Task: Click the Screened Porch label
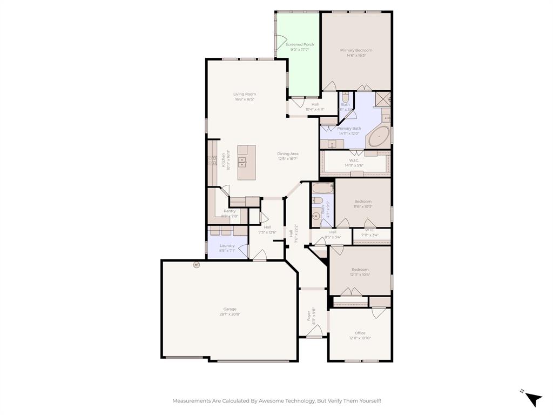[x=300, y=45]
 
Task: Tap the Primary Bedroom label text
[x=356, y=50]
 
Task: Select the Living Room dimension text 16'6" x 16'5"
[x=244, y=99]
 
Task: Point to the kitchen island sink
[x=242, y=162]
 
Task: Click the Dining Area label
[x=287, y=154]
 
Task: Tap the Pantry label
[x=230, y=211]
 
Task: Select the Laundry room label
[x=227, y=245]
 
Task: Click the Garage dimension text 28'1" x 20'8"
[x=230, y=314]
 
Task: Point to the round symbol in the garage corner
[x=197, y=265]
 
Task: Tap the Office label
[x=360, y=333]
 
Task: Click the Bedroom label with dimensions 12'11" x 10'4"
[x=360, y=270]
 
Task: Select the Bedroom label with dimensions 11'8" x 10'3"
[x=363, y=202]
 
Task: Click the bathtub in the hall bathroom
[x=323, y=189]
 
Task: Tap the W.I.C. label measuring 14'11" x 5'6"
[x=354, y=160]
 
